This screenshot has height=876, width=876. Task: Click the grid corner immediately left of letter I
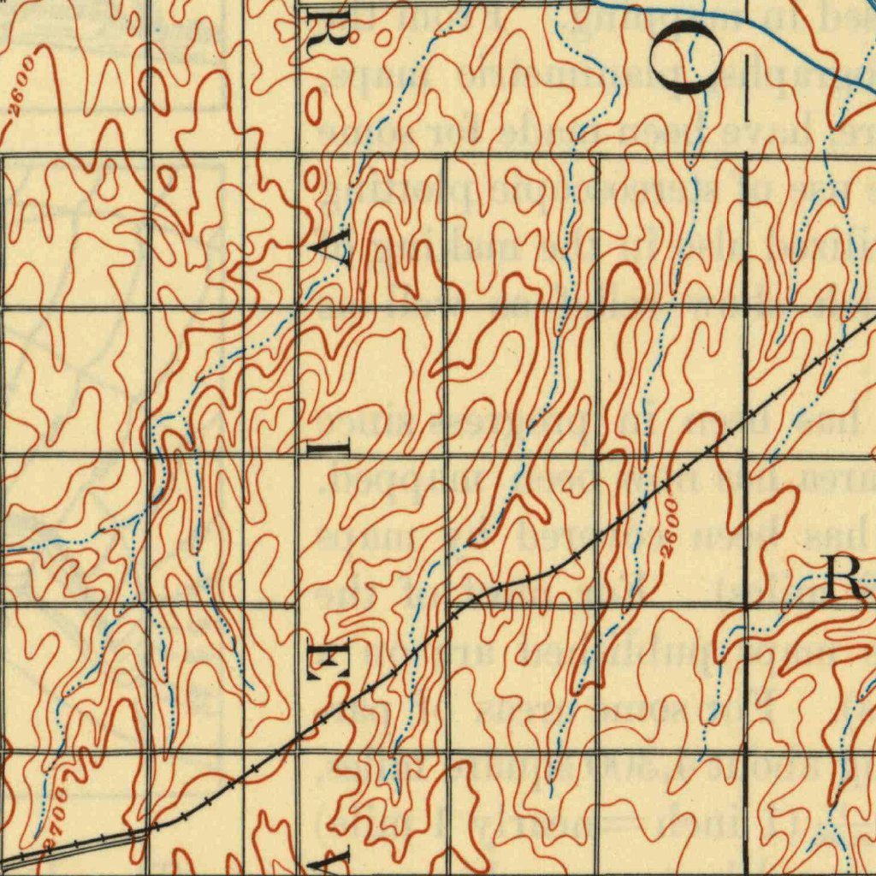pos(299,455)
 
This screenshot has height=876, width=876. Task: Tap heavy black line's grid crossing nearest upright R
pos(747,606)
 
